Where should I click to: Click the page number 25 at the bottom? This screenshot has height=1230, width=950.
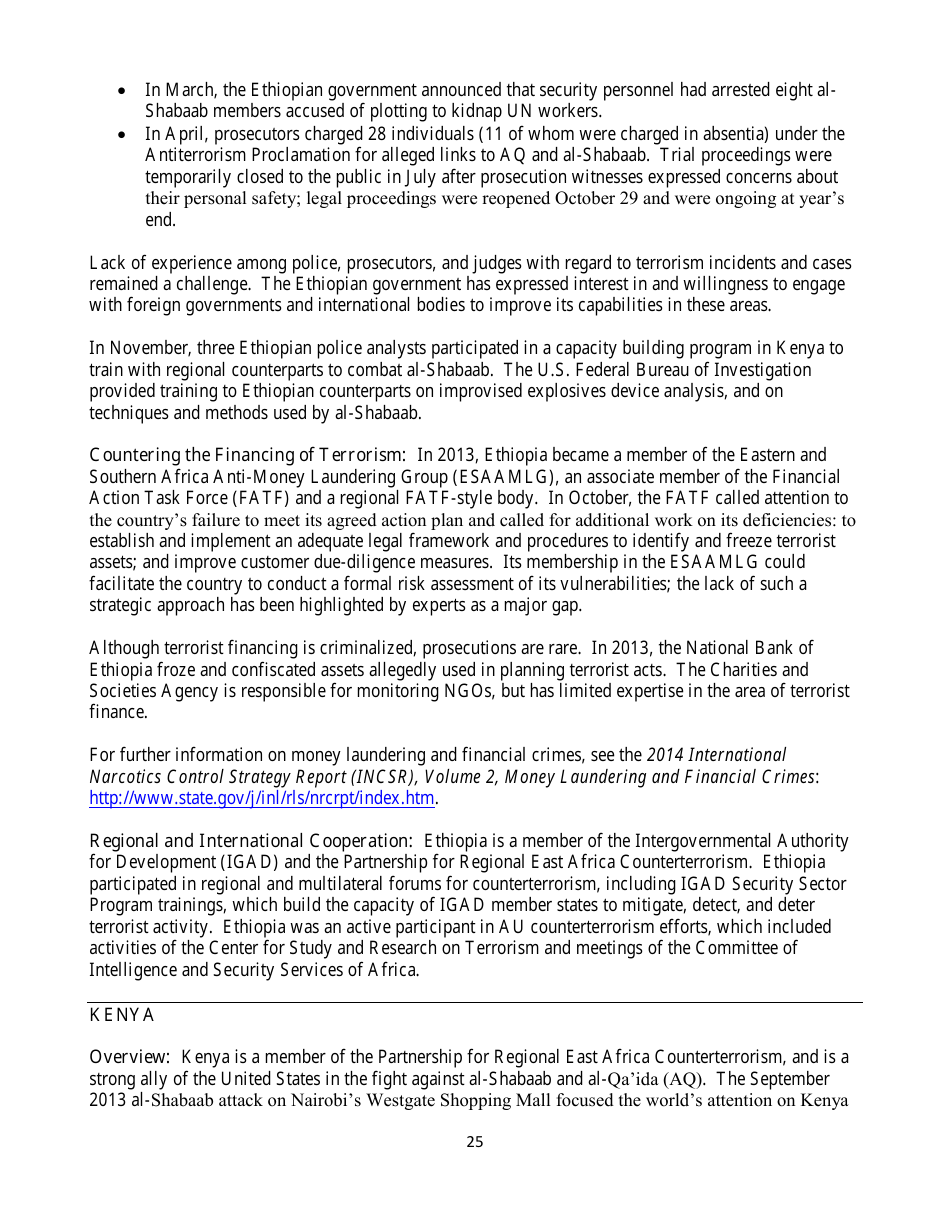click(x=474, y=1142)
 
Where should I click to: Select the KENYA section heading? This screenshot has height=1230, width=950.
click(x=122, y=1015)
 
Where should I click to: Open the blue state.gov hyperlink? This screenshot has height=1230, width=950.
click(x=262, y=798)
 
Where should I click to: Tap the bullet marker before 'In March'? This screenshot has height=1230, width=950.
click(x=121, y=91)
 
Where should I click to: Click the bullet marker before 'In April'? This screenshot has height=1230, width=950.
click(x=121, y=134)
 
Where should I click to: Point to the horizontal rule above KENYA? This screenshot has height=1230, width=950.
click(x=474, y=1002)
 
